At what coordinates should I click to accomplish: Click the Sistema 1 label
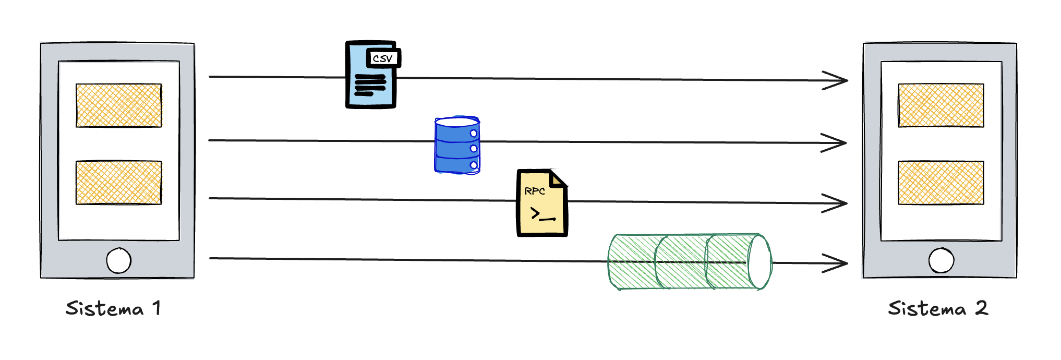pyautogui.click(x=113, y=308)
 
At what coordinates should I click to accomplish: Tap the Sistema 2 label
pyautogui.click(x=938, y=308)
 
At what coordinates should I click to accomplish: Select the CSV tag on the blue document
pyautogui.click(x=383, y=58)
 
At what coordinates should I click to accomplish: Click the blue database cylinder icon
pyautogui.click(x=457, y=145)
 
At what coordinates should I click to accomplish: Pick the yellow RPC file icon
pyautogui.click(x=541, y=203)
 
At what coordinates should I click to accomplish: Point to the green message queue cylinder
pyautogui.click(x=689, y=262)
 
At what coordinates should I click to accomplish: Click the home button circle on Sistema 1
pyautogui.click(x=118, y=260)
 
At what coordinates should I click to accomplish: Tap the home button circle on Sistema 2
pyautogui.click(x=941, y=260)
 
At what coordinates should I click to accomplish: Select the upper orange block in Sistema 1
pyautogui.click(x=118, y=105)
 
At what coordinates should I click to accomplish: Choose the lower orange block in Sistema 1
pyautogui.click(x=118, y=183)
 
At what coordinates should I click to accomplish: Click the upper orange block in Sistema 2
pyautogui.click(x=941, y=105)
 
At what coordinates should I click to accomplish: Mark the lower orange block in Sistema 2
pyautogui.click(x=941, y=183)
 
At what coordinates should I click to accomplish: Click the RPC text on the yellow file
pyautogui.click(x=535, y=191)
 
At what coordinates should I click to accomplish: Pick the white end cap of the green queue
pyautogui.click(x=759, y=262)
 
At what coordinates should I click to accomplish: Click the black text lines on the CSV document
pyautogui.click(x=370, y=85)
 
